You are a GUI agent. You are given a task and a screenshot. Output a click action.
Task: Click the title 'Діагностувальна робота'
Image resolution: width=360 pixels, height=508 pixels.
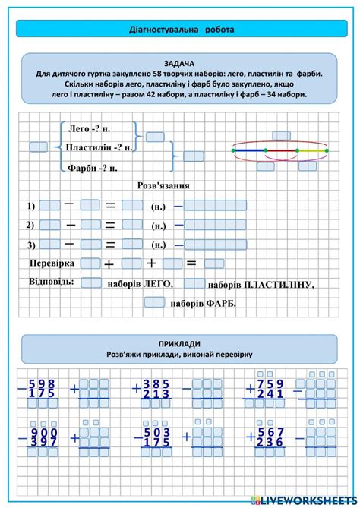click(x=179, y=30)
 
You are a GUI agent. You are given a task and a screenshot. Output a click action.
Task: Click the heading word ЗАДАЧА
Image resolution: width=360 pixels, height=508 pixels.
click(x=179, y=63)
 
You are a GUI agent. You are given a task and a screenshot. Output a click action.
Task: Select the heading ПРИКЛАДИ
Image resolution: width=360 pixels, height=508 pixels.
click(x=179, y=343)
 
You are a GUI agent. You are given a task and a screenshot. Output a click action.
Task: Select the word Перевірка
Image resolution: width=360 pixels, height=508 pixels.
click(x=51, y=263)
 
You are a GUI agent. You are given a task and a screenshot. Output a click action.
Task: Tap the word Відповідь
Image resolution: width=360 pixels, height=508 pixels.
click(x=51, y=281)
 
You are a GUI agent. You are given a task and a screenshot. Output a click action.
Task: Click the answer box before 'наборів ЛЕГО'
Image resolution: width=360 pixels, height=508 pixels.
click(x=91, y=283)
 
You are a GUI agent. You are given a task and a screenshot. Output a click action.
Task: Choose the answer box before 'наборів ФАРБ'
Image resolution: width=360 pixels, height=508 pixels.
click(x=154, y=302)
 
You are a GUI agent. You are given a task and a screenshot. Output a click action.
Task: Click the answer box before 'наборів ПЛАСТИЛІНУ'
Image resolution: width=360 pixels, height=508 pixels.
click(x=194, y=284)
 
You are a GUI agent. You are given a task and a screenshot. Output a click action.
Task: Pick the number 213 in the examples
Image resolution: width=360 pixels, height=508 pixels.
click(x=156, y=394)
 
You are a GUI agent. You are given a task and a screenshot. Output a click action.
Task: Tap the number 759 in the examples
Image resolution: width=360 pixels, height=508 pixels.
click(x=270, y=383)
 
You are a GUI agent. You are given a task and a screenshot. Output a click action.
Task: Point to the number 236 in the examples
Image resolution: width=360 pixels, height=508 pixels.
click(x=270, y=442)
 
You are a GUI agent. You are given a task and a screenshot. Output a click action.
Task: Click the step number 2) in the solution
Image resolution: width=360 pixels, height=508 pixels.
click(x=30, y=225)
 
